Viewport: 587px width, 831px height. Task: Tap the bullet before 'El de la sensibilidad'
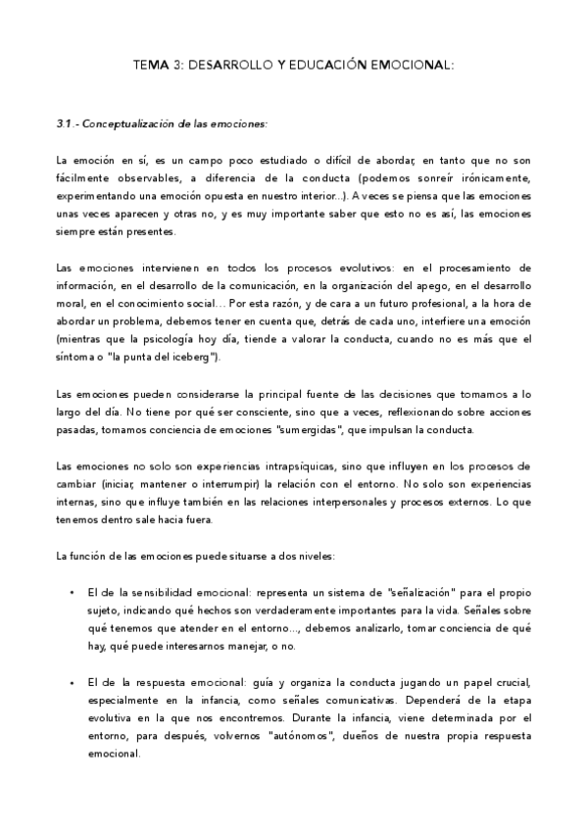coord(73,593)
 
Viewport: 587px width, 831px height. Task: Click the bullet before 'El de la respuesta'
coord(73,683)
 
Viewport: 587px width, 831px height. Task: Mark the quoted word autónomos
coord(317,736)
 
